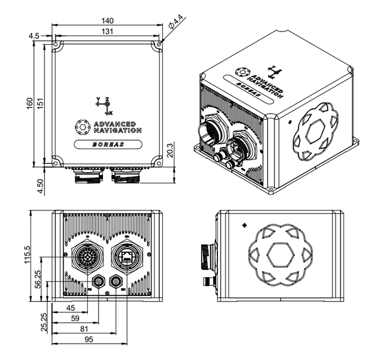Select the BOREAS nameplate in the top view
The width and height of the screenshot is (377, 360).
coord(107,144)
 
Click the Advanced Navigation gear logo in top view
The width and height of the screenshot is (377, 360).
coord(80,127)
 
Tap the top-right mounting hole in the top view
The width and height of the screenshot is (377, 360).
coord(158,46)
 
